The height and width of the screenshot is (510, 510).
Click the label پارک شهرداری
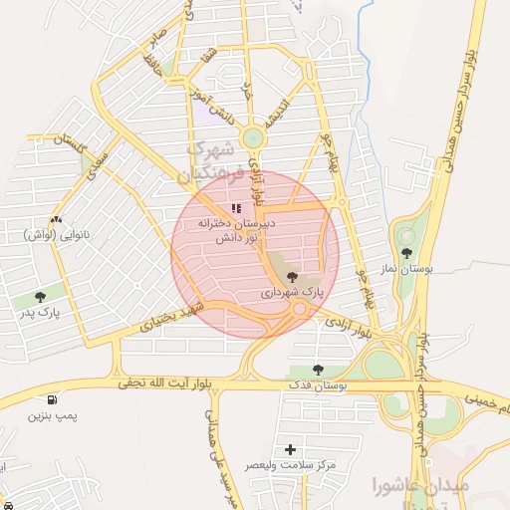point(293,294)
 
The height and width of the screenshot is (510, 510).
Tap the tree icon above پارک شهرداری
point(292,278)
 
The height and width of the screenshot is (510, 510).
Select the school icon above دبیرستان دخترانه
point(236,209)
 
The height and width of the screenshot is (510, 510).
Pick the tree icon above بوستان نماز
point(405,252)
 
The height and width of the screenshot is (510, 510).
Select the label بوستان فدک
point(316,385)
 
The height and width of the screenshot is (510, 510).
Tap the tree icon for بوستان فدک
point(318,370)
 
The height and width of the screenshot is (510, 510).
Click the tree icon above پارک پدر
point(40,297)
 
